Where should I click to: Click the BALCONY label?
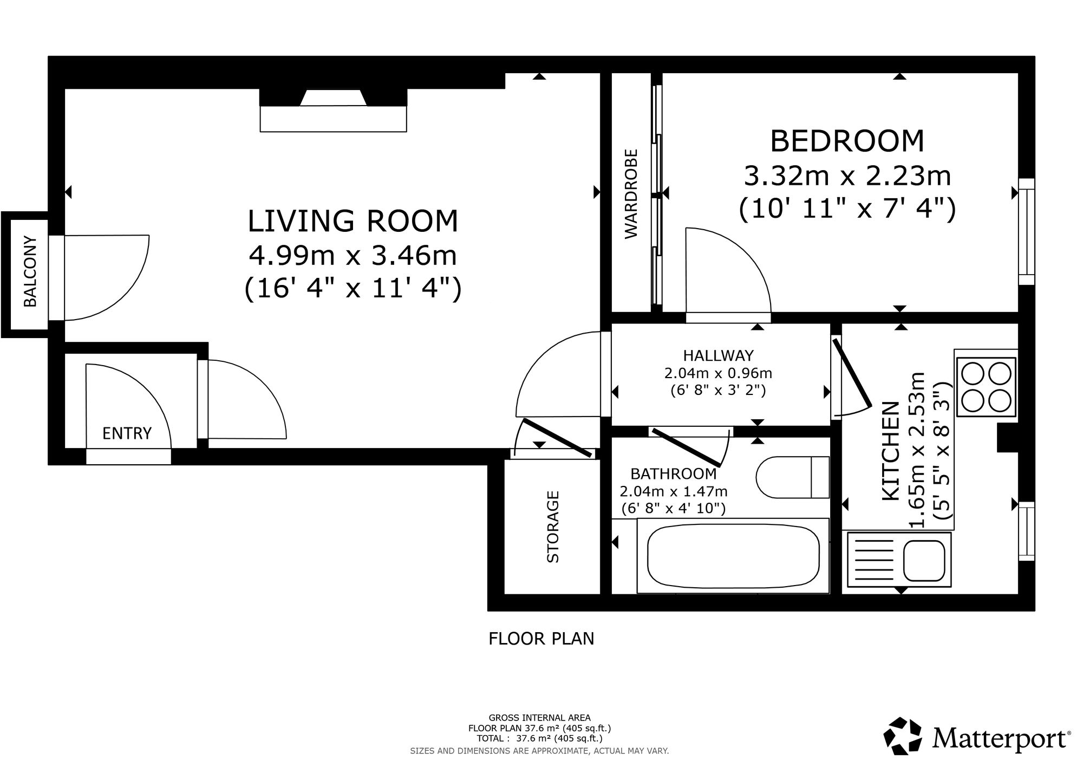click(x=30, y=271)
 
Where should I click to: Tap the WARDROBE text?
click(x=631, y=193)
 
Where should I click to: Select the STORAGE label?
click(x=552, y=527)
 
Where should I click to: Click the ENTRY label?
click(x=127, y=433)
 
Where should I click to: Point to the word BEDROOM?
click(x=847, y=141)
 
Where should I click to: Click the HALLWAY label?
click(x=718, y=355)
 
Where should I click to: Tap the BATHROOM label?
click(x=674, y=474)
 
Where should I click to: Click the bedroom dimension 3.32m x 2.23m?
click(x=847, y=176)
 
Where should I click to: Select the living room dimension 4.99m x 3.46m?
click(x=353, y=256)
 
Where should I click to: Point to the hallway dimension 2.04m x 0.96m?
click(x=718, y=373)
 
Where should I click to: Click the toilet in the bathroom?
click(x=792, y=477)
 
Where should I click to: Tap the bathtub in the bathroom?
click(x=733, y=556)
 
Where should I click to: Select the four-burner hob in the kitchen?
click(x=986, y=387)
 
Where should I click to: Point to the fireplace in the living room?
click(x=333, y=110)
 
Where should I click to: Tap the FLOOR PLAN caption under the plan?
click(x=541, y=639)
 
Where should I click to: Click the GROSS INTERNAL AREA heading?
click(x=540, y=718)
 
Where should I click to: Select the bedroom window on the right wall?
click(x=1027, y=232)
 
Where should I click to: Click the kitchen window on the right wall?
click(x=1027, y=531)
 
